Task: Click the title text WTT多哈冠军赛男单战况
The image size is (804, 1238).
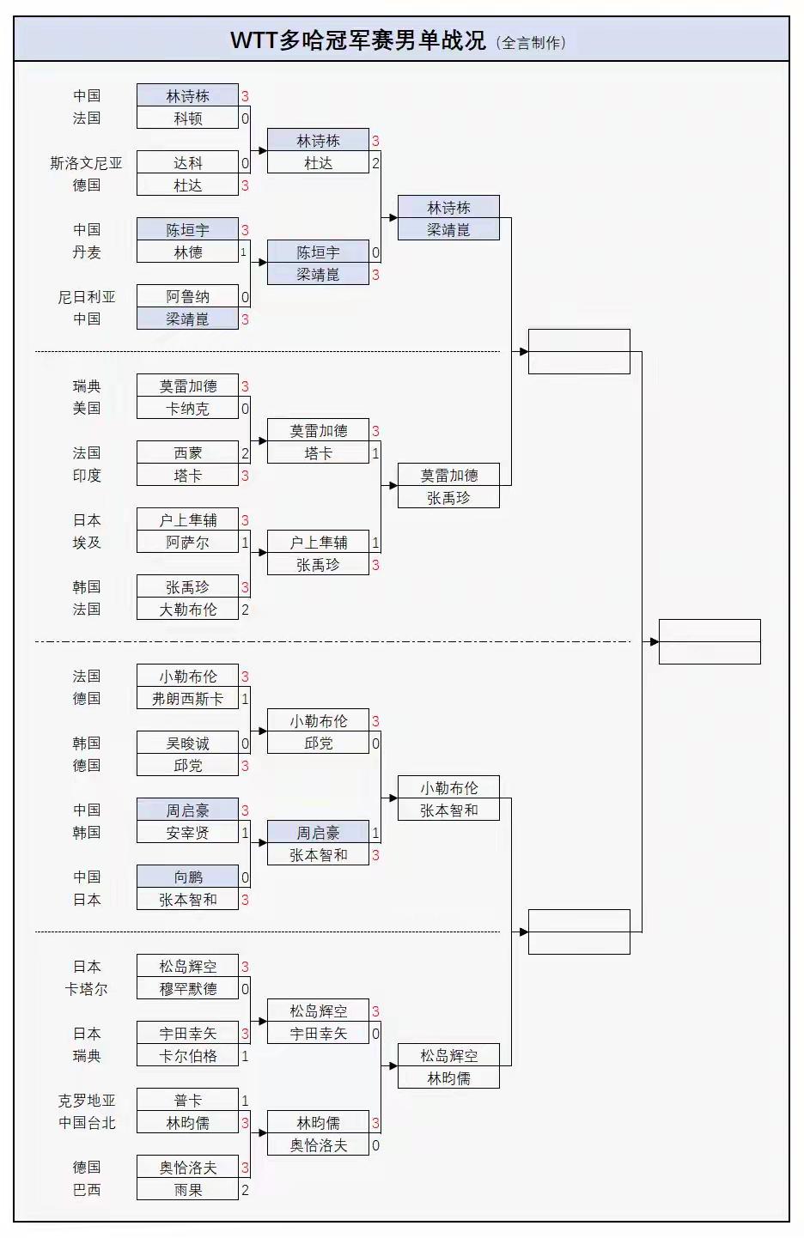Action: tap(357, 40)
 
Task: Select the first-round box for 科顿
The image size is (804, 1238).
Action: tap(187, 118)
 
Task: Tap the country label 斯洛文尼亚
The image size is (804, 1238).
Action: tap(86, 163)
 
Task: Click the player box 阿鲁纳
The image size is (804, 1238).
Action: tap(187, 297)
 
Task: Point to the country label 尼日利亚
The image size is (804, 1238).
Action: tap(86, 297)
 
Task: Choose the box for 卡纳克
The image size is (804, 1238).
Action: tap(187, 409)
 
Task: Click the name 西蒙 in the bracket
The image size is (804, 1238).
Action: tap(187, 453)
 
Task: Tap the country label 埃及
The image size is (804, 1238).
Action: tap(86, 543)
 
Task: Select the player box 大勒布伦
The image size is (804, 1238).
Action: tap(187, 610)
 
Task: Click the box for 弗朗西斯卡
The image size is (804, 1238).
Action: tap(187, 699)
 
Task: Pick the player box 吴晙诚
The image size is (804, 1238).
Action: tap(187, 743)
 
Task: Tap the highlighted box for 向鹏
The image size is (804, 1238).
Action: tap(187, 877)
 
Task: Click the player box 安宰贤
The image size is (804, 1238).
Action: tap(187, 833)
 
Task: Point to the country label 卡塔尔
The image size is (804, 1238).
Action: tap(86, 989)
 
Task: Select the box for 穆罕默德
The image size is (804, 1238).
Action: tap(187, 989)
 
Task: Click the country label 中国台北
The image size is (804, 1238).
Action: tap(86, 1123)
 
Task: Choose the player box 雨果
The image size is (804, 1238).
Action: tap(187, 1190)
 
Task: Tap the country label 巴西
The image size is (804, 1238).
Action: tap(86, 1190)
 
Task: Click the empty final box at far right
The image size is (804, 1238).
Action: tap(710, 641)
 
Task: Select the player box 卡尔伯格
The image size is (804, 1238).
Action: tap(187, 1056)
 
